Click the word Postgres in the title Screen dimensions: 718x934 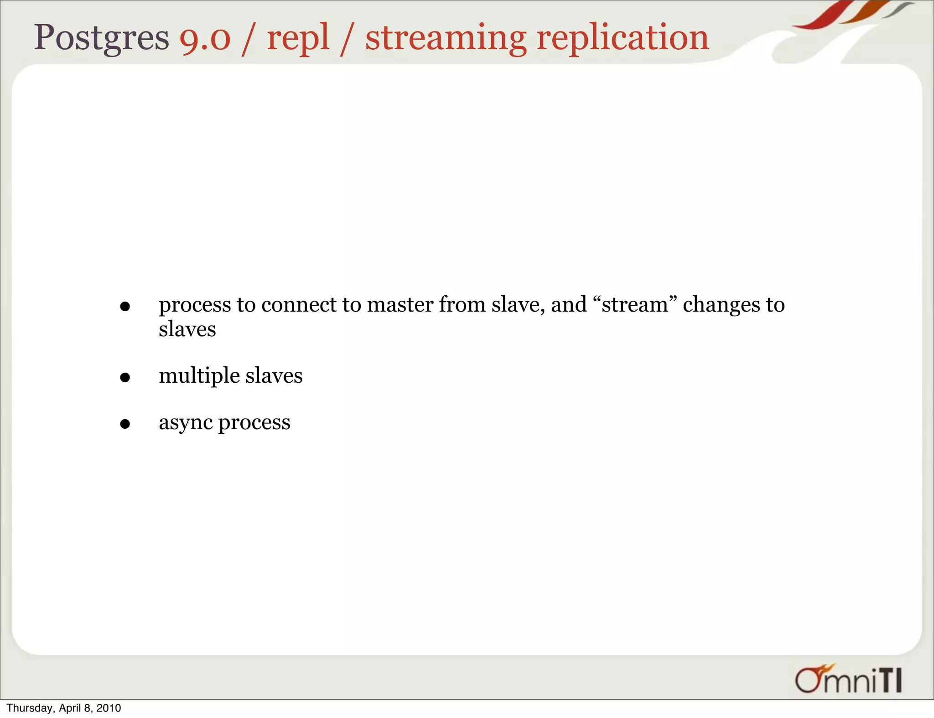[101, 38]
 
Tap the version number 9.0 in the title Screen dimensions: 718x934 [205, 38]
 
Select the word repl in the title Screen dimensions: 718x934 [298, 38]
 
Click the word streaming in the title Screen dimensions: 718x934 [446, 38]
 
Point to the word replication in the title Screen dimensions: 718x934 [623, 38]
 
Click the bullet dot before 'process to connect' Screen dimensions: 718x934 [125, 307]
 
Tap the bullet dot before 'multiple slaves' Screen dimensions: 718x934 [125, 378]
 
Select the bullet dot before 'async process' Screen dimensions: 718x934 [125, 424]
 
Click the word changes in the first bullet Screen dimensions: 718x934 [721, 305]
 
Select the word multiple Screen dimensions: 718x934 [199, 376]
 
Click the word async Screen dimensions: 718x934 [185, 423]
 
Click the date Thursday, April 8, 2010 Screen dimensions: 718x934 [64, 708]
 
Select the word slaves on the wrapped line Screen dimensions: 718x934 [187, 329]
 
